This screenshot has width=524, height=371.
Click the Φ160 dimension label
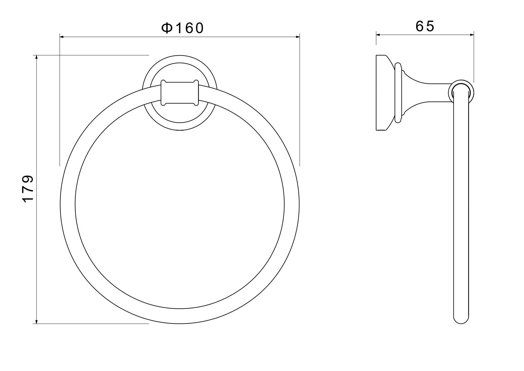point(182,28)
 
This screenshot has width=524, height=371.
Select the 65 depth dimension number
point(425,26)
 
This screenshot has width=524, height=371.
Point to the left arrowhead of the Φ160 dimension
point(62,37)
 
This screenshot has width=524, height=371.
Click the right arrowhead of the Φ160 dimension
point(298,37)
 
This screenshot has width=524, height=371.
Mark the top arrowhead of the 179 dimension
point(36,57)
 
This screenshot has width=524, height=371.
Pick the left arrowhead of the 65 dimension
point(378,35)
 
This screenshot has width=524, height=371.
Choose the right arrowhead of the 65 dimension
point(472,35)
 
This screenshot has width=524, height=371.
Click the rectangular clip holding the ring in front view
point(180,93)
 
